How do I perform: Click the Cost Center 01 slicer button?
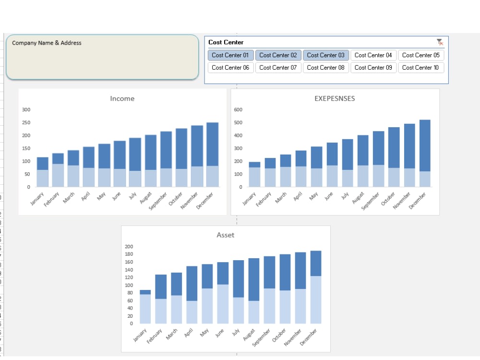pyautogui.click(x=230, y=55)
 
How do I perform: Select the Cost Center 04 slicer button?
pyautogui.click(x=373, y=55)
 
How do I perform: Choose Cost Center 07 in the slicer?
pyautogui.click(x=278, y=68)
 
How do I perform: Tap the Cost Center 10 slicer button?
pyautogui.click(x=420, y=68)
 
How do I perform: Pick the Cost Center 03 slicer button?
pyautogui.click(x=326, y=55)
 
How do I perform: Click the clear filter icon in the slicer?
pyautogui.click(x=440, y=42)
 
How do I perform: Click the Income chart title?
pyautogui.click(x=122, y=98)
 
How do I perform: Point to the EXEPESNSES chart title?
pyautogui.click(x=335, y=98)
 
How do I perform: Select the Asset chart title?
pyautogui.click(x=225, y=235)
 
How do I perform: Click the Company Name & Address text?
pyautogui.click(x=47, y=43)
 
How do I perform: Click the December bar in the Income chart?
pyautogui.click(x=213, y=155)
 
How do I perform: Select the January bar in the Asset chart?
pyautogui.click(x=145, y=307)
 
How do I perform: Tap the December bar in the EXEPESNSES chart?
pyautogui.click(x=425, y=153)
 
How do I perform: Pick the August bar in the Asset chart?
pyautogui.click(x=254, y=291)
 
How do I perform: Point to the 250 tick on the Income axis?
pyautogui.click(x=26, y=122)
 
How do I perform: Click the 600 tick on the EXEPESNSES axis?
pyautogui.click(x=238, y=109)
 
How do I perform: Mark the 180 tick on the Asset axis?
pyautogui.click(x=129, y=254)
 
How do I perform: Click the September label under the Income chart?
pyautogui.click(x=157, y=201)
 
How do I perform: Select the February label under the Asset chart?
pyautogui.click(x=154, y=336)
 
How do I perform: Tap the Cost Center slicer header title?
pyautogui.click(x=226, y=42)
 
